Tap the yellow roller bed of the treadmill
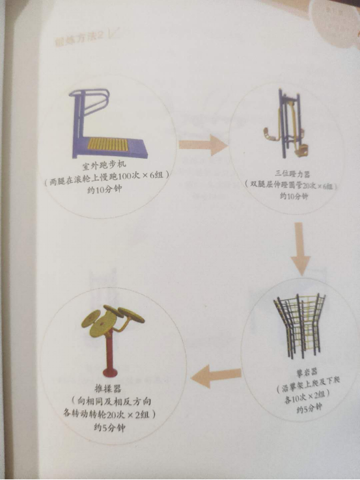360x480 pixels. [117, 144]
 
